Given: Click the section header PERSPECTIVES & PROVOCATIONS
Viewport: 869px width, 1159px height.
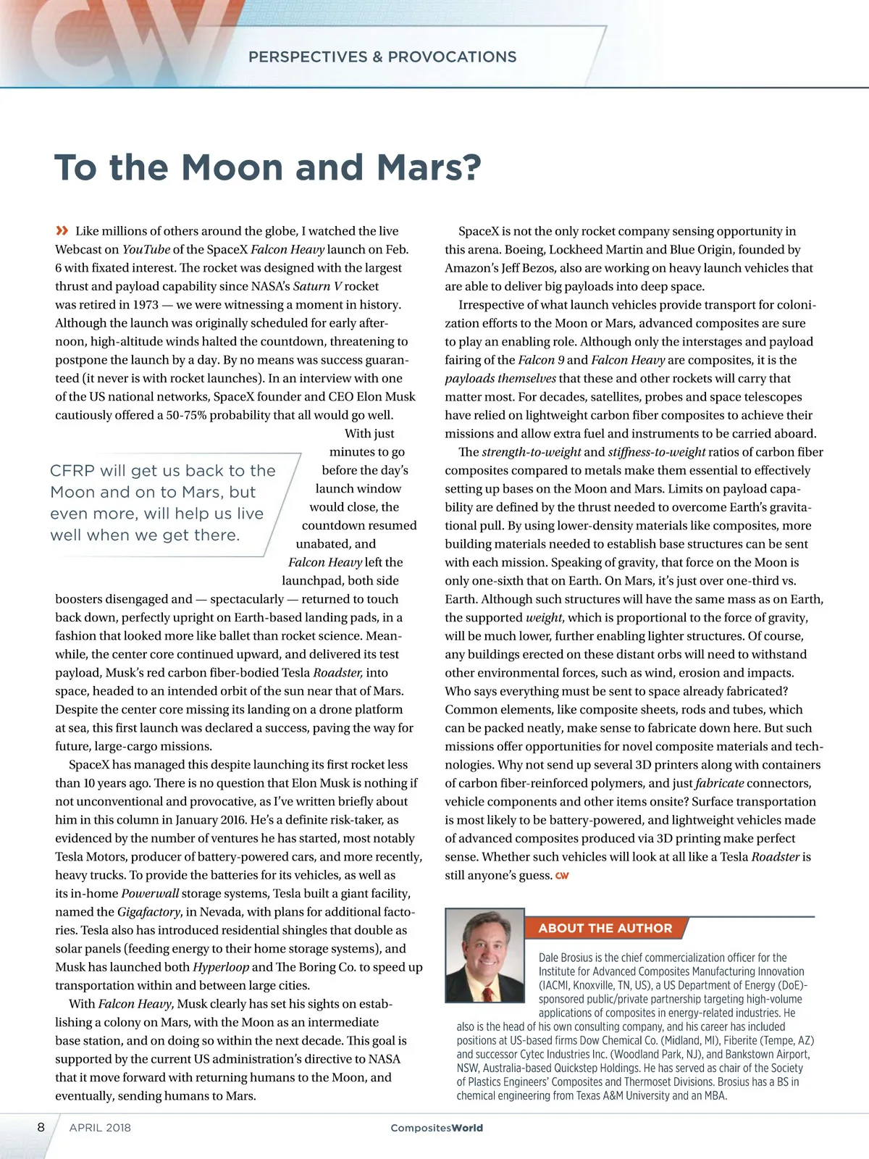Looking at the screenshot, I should pos(382,57).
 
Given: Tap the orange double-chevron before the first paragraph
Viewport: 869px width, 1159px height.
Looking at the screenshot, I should pos(62,231).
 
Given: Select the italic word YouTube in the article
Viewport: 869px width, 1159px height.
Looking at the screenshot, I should pos(146,250).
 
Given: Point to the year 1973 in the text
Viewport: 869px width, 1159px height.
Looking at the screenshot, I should pos(146,305).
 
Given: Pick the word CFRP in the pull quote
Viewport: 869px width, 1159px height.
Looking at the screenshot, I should pos(72,471).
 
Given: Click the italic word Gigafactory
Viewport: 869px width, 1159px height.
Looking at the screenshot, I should pos(149,912).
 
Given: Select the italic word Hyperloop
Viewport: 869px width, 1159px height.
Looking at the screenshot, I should pos(220,967).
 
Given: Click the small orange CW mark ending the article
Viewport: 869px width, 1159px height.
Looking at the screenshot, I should pos(562,876).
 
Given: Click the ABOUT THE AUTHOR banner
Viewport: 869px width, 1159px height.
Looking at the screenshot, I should pos(605,928).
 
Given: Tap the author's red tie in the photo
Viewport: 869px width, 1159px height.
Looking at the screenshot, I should pos(487,990).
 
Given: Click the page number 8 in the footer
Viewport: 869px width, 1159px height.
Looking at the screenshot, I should pos(41,1127).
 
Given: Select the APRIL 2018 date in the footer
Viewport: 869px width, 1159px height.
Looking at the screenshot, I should pos(100,1128).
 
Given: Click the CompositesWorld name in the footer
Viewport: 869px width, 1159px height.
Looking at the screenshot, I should pos(436,1128).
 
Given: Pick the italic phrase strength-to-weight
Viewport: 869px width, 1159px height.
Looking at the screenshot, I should pos(531,452).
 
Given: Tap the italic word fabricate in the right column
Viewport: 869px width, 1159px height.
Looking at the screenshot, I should pos(719,783).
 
